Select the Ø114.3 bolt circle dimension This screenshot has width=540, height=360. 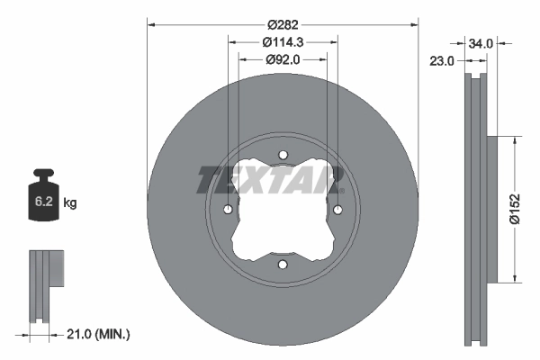[283, 42]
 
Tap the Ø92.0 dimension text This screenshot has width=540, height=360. [283, 59]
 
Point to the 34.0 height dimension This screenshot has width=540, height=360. [481, 42]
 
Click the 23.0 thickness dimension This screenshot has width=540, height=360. [442, 61]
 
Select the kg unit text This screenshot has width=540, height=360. [70, 203]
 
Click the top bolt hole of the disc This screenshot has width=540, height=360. [283, 155]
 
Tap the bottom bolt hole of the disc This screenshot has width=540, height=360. [283, 265]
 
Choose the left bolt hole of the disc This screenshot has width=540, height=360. [228, 210]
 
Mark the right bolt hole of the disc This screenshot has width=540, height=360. [337, 210]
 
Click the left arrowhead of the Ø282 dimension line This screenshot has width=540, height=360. [149, 25]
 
